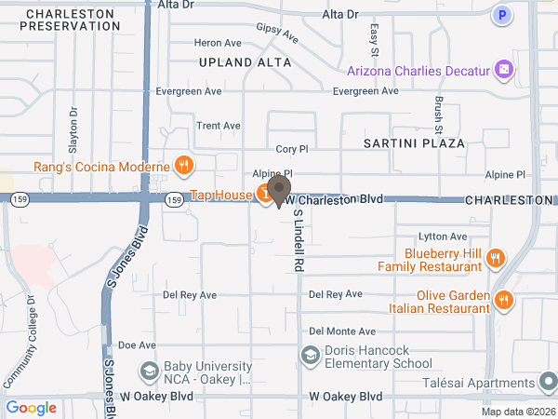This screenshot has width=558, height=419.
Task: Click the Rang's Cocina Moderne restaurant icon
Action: [x=184, y=167]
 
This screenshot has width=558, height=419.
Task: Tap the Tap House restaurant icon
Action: [x=265, y=195]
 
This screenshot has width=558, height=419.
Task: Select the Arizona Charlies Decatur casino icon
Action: [x=503, y=70]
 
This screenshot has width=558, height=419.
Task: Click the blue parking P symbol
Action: [x=503, y=15]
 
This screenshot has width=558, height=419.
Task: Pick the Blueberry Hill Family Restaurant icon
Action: [x=496, y=259]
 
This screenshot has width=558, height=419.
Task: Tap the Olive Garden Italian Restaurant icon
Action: [x=503, y=299]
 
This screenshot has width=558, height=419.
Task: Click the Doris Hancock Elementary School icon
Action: [x=310, y=355]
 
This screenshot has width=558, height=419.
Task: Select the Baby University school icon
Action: [x=148, y=372]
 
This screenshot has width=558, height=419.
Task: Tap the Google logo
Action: [x=31, y=408]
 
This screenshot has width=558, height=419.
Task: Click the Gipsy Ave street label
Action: [x=277, y=34]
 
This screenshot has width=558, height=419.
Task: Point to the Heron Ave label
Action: [x=217, y=43]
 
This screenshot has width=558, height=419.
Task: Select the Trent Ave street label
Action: [x=219, y=126]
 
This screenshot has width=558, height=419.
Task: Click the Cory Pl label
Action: [x=291, y=149]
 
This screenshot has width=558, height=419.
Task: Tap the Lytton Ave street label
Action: [x=443, y=237]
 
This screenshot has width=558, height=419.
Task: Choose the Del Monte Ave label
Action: [x=342, y=331]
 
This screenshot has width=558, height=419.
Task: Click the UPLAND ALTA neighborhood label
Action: [x=245, y=62]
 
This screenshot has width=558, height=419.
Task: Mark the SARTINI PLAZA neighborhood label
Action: [x=414, y=143]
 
